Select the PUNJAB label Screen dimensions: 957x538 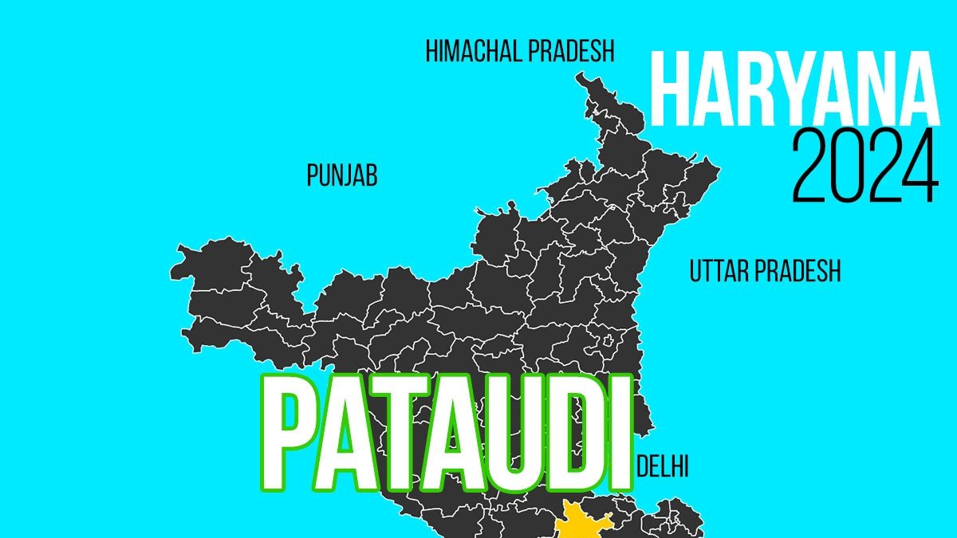pyautogui.click(x=341, y=176)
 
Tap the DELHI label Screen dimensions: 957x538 pyautogui.click(x=663, y=466)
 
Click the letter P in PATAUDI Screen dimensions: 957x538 pyautogui.click(x=291, y=434)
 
